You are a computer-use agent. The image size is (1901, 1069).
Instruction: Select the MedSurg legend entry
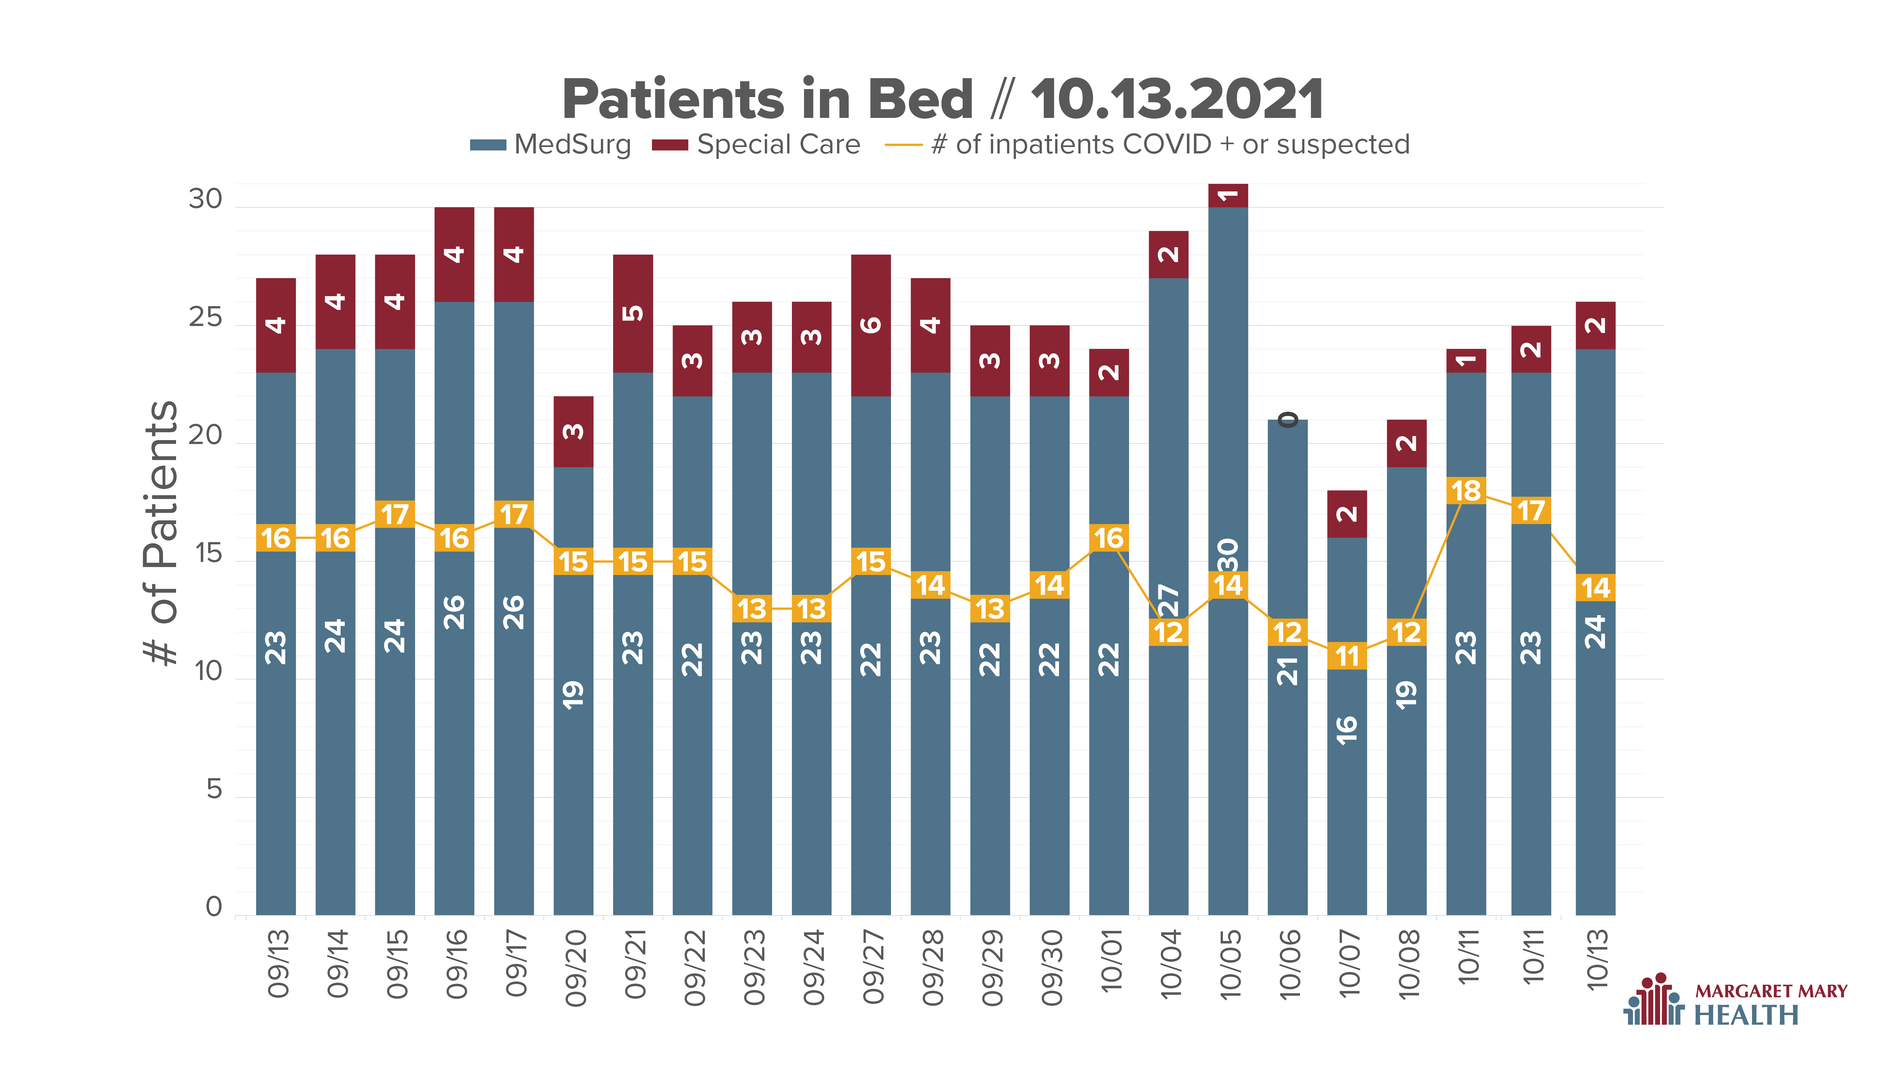click(551, 145)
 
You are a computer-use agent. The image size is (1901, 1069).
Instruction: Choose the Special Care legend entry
click(756, 145)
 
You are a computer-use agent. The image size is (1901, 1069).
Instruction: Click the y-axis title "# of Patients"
click(161, 533)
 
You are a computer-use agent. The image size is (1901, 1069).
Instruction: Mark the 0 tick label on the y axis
click(214, 907)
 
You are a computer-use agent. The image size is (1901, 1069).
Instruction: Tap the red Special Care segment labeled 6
click(871, 325)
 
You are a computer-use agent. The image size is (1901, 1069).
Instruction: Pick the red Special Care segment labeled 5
click(632, 314)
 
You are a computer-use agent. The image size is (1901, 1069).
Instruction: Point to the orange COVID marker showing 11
click(1347, 656)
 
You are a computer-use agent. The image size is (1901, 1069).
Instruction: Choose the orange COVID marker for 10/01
click(1109, 538)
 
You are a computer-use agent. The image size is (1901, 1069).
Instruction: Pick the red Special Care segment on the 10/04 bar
click(1168, 255)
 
